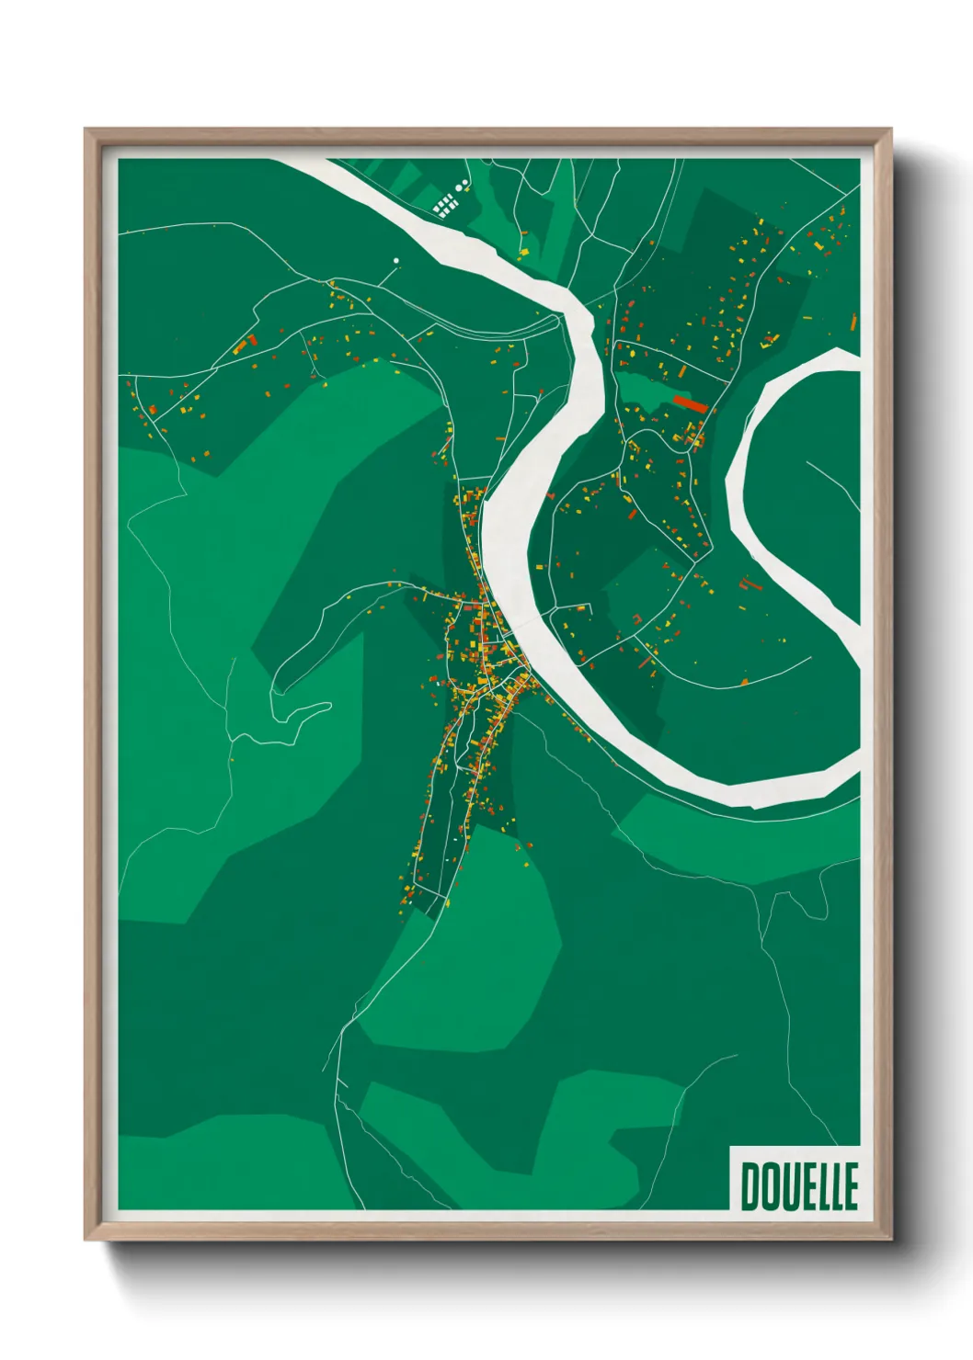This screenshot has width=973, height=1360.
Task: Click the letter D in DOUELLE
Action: click(749, 1186)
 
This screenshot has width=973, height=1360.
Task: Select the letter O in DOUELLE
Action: click(768, 1186)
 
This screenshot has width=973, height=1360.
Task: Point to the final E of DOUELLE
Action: click(850, 1186)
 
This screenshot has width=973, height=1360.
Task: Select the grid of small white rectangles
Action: click(445, 204)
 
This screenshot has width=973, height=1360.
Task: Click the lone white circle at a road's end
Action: click(396, 261)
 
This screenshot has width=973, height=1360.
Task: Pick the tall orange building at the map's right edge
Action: click(853, 321)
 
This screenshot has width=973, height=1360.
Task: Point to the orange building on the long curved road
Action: click(744, 682)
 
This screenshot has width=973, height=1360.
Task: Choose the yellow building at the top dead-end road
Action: click(525, 251)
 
